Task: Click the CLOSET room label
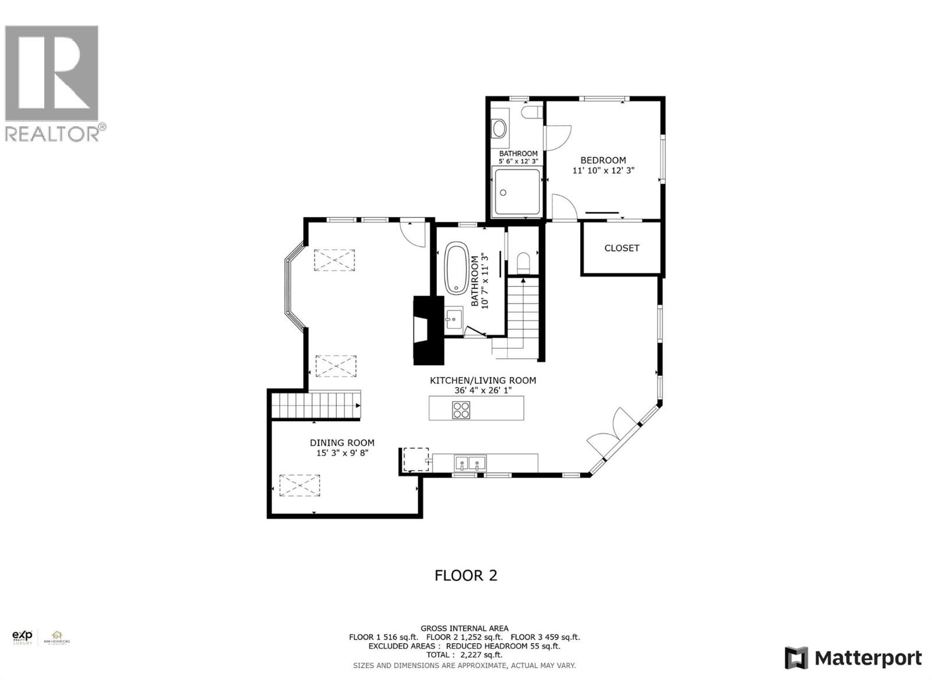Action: pos(622,248)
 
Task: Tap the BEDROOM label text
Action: pos(603,160)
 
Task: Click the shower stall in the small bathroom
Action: pos(517,192)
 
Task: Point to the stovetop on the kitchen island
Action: pos(461,410)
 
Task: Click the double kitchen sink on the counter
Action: pos(469,464)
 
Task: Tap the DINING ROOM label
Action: pos(342,443)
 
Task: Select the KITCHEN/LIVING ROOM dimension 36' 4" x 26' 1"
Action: pos(483,390)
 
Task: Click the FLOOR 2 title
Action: pos(466,576)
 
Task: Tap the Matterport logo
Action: pos(853,658)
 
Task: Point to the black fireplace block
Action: pos(427,330)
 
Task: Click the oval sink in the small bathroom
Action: pos(500,129)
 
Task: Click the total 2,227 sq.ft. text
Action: pos(464,655)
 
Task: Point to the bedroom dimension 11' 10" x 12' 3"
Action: pos(603,171)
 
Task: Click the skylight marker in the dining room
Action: pos(300,485)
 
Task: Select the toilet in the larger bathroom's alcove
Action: pos(523,263)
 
